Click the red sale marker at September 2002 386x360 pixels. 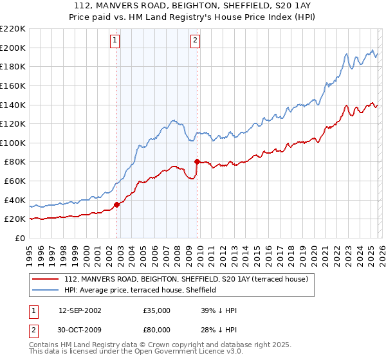tap(116, 205)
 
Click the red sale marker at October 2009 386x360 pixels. tap(197, 161)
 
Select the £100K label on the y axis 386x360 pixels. tap(14, 143)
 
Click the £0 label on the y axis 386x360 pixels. tap(21, 238)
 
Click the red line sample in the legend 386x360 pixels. tap(46, 280)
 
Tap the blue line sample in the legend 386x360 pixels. tap(46, 290)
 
